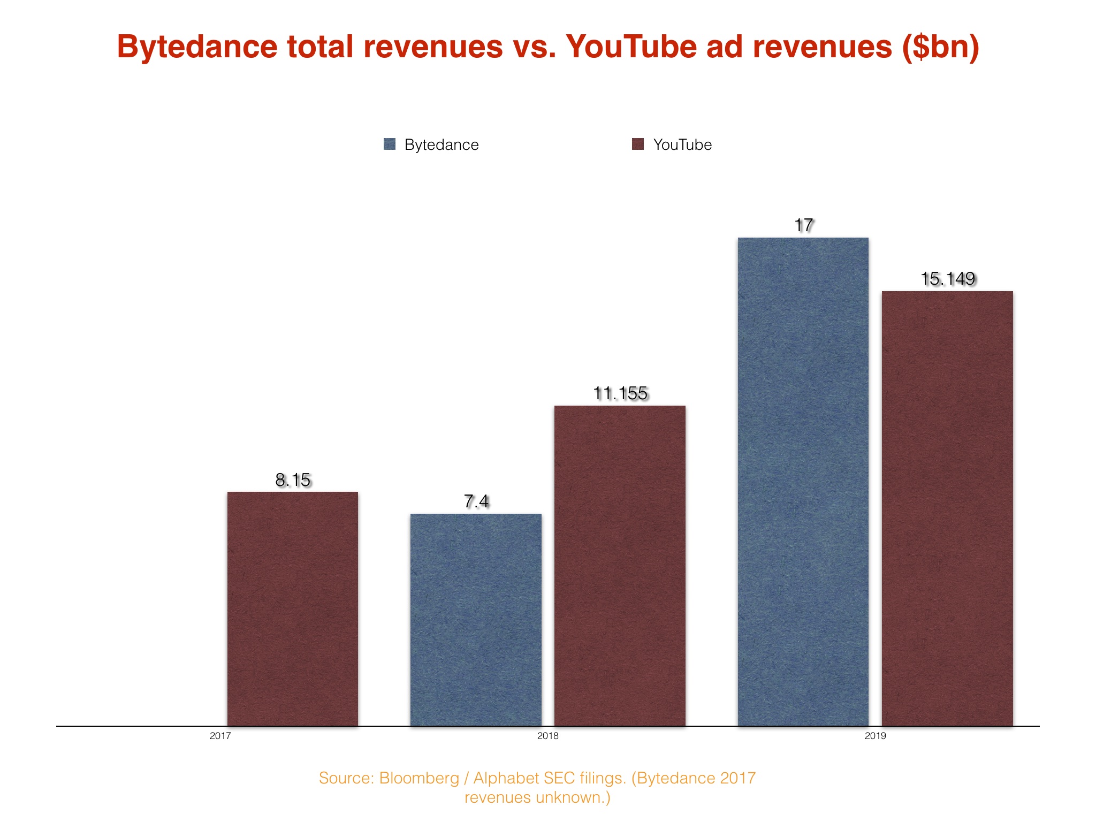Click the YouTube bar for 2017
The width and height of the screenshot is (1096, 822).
pyautogui.click(x=293, y=608)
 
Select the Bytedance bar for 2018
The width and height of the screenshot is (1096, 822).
pyautogui.click(x=476, y=620)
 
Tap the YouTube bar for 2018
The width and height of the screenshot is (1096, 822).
pyautogui.click(x=620, y=566)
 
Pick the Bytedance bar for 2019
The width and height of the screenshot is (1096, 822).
pyautogui.click(x=803, y=482)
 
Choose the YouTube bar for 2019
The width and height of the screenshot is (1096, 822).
pyautogui.click(x=947, y=508)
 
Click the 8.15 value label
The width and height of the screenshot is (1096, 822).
pyautogui.click(x=293, y=480)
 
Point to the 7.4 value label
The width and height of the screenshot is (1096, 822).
pyautogui.click(x=476, y=501)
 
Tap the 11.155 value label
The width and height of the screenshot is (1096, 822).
pyautogui.click(x=620, y=393)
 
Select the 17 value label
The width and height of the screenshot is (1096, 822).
pyautogui.click(x=803, y=225)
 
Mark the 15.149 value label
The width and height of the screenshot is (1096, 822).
pyautogui.click(x=948, y=279)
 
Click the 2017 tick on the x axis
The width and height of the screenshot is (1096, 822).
pyautogui.click(x=220, y=736)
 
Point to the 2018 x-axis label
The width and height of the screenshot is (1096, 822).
pyautogui.click(x=547, y=736)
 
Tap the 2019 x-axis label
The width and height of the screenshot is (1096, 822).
pyautogui.click(x=876, y=736)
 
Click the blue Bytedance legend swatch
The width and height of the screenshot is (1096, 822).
pyautogui.click(x=390, y=144)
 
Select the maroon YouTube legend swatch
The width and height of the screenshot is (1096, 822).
pyautogui.click(x=638, y=144)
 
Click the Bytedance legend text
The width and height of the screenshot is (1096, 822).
pyautogui.click(x=442, y=144)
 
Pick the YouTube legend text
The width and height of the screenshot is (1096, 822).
pyautogui.click(x=682, y=144)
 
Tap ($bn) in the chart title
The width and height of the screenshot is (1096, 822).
pyautogui.click(x=941, y=47)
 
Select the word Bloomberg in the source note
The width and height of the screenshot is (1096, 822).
pyautogui.click(x=419, y=778)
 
